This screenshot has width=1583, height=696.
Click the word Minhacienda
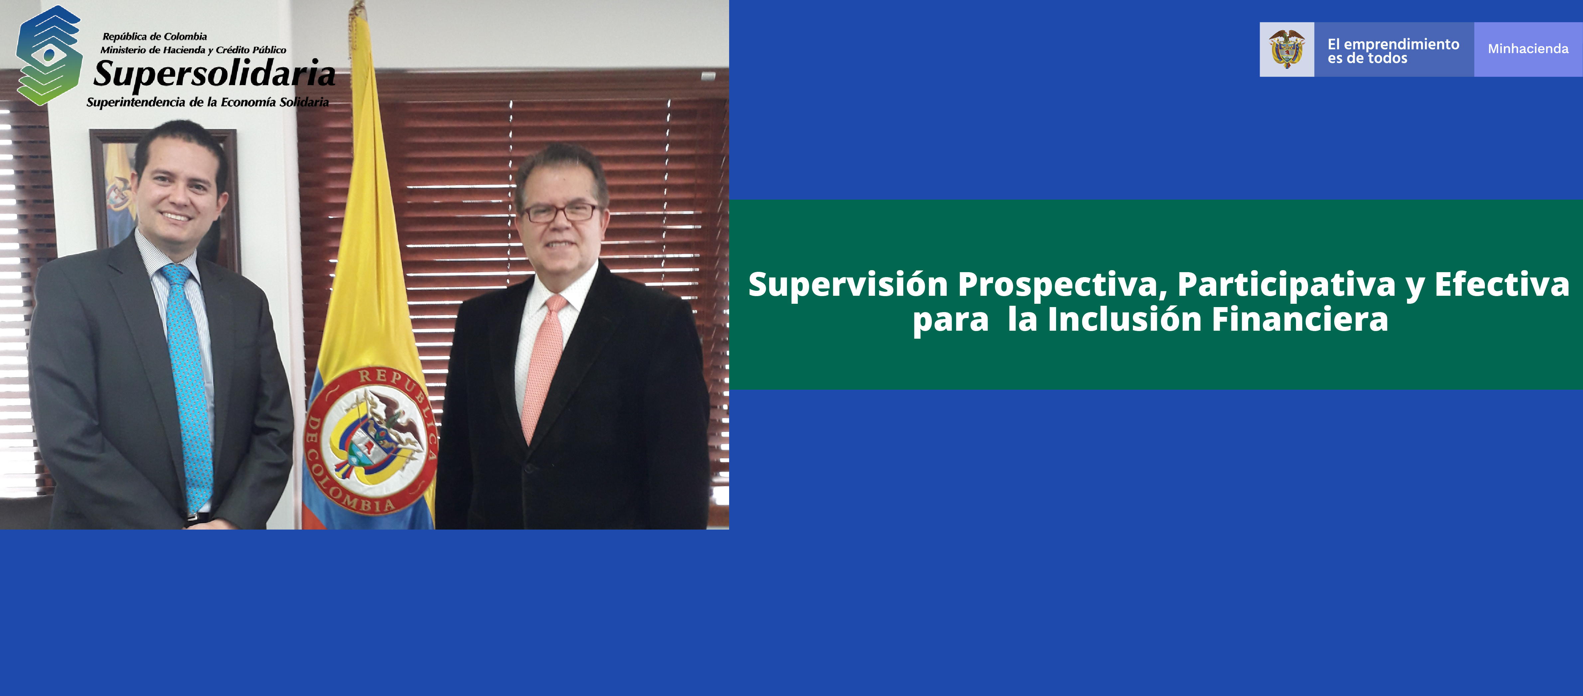click(1528, 49)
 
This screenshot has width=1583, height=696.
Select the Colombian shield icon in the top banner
click(1287, 49)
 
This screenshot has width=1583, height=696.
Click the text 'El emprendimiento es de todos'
click(1393, 51)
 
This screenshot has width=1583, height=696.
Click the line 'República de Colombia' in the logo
click(155, 36)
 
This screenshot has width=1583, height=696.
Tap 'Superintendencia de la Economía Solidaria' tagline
click(208, 102)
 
